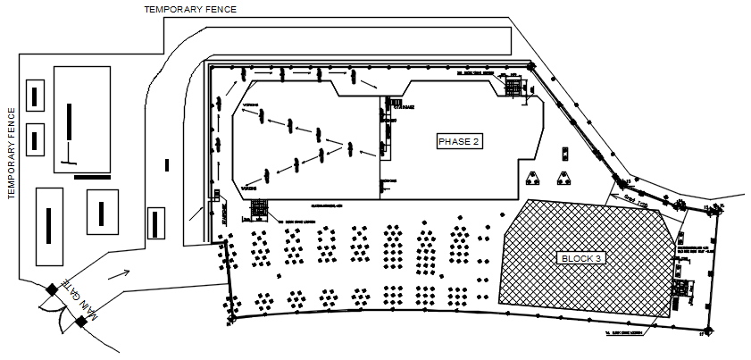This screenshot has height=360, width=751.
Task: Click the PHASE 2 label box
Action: (x=459, y=141)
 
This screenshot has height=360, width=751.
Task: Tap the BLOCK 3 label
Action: (x=581, y=258)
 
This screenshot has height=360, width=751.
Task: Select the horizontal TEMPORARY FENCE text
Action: (x=190, y=9)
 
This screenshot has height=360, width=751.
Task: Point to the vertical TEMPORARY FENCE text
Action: (x=12, y=151)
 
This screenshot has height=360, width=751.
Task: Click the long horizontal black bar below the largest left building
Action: (x=92, y=177)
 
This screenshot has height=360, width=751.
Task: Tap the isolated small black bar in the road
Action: (x=166, y=164)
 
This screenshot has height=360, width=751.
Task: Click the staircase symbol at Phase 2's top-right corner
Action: (x=514, y=87)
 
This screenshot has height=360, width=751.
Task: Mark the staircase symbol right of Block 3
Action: (x=682, y=289)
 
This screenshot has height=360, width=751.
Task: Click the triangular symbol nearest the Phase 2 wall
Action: (x=533, y=176)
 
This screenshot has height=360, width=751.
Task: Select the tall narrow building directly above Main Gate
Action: (x=48, y=227)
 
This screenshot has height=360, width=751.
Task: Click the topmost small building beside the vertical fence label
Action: (x=36, y=94)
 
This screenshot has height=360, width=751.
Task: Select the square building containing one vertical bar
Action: (x=102, y=212)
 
